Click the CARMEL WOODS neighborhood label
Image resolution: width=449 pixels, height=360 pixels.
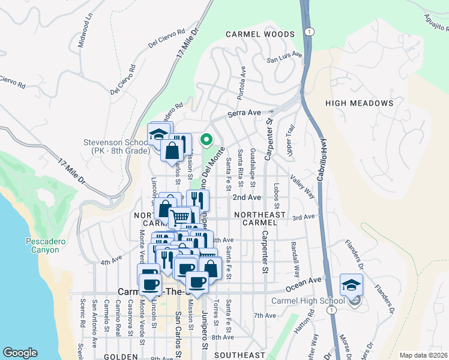260,35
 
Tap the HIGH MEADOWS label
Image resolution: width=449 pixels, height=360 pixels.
359,103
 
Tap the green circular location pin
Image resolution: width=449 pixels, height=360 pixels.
206,140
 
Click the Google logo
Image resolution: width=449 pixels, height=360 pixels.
20,353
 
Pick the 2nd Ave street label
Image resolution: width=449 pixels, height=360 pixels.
247,197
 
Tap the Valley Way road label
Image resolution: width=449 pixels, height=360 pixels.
302,185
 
